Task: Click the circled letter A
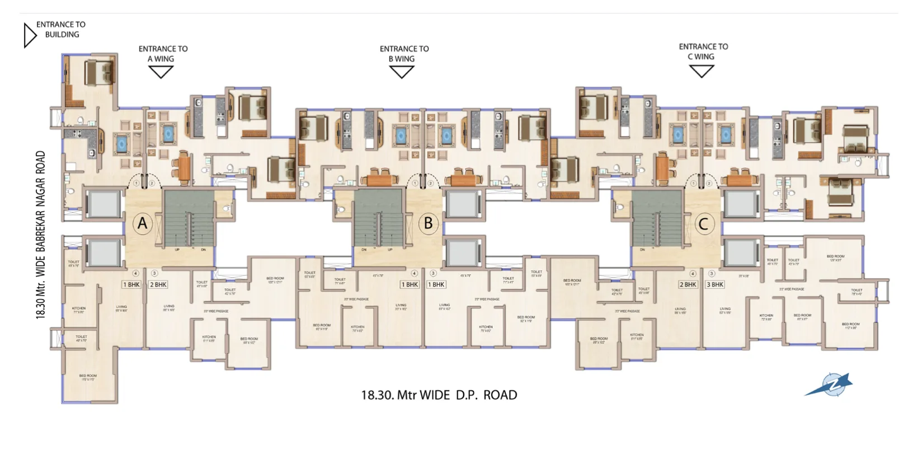tap(143, 224)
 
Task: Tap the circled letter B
tap(429, 223)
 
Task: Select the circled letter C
tap(704, 224)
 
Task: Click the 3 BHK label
tap(715, 284)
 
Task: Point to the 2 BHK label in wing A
tap(158, 284)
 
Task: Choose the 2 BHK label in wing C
tap(688, 284)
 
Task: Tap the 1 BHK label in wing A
tap(131, 284)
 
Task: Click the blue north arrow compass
tap(830, 386)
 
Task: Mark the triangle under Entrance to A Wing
tap(161, 71)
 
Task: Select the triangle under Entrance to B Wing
tap(402, 71)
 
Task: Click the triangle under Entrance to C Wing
tap(702, 71)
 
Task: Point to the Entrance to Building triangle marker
tap(29, 35)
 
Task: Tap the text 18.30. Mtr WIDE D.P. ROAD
tap(439, 395)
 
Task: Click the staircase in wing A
tap(189, 218)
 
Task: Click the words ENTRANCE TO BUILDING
tap(61, 29)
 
